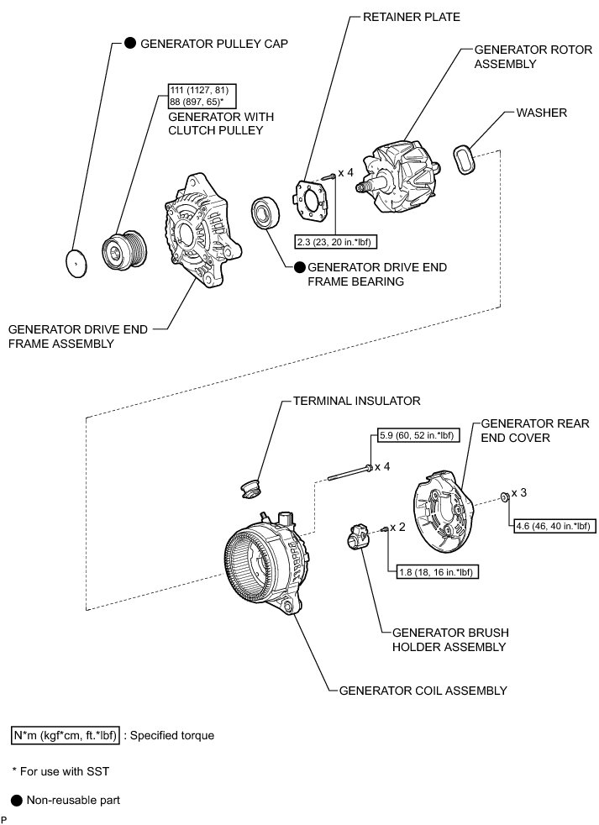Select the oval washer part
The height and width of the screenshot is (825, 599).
466,158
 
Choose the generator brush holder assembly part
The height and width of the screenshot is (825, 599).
355,535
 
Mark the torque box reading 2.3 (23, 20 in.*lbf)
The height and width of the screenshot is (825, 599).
335,242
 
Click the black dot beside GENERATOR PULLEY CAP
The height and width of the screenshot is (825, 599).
130,44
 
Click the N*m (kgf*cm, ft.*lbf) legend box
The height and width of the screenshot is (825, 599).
66,735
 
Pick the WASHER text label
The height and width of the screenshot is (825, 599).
543,112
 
